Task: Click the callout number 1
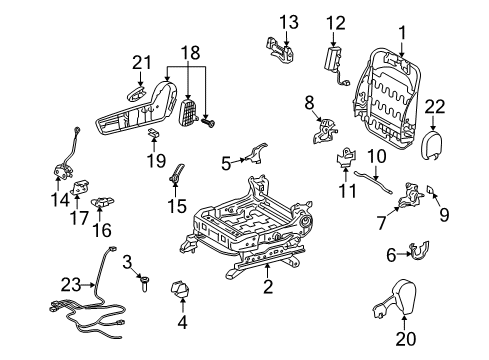click(401, 32)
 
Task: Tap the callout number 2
click(268, 288)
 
